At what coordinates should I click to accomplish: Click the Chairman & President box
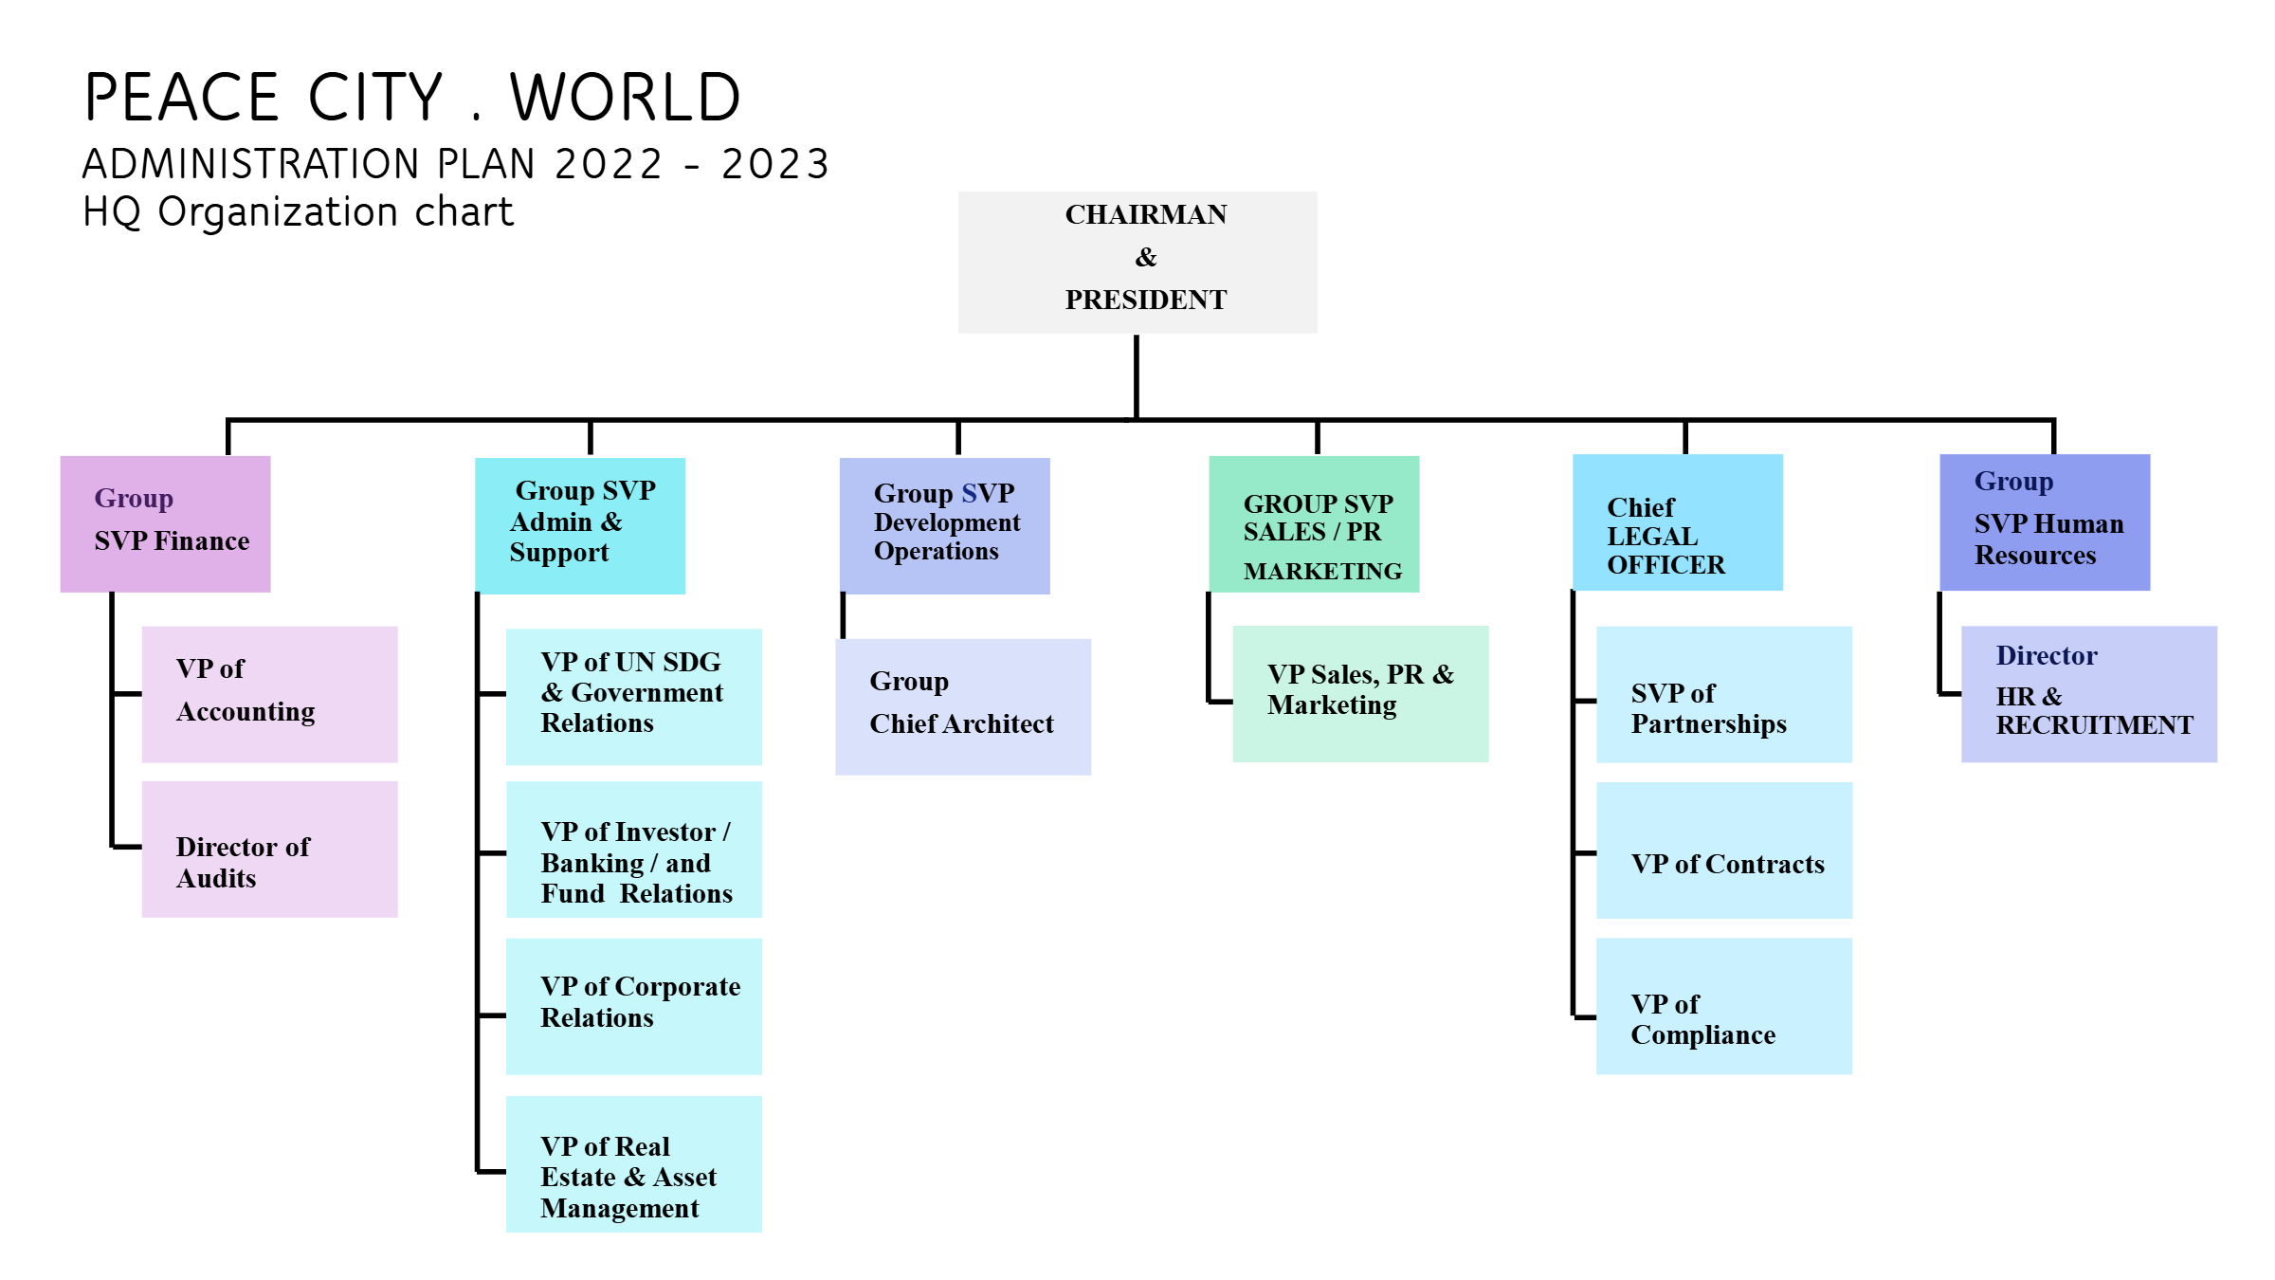click(1137, 263)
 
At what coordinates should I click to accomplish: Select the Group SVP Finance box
click(165, 524)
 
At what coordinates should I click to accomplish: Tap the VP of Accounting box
click(269, 694)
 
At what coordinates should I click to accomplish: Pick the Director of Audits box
click(269, 850)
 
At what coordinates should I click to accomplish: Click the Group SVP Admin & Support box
click(579, 526)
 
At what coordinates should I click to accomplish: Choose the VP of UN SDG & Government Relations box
click(633, 697)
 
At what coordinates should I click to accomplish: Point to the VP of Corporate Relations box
click(633, 1006)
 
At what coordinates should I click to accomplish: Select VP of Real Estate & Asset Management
click(633, 1164)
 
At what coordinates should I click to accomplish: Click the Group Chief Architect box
click(962, 706)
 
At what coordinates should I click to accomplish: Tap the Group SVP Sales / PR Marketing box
click(1313, 524)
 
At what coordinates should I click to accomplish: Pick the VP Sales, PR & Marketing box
click(1360, 694)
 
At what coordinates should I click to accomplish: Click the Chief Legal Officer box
click(1677, 522)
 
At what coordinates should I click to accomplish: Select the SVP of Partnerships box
click(1723, 694)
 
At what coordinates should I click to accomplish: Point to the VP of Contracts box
click(1723, 850)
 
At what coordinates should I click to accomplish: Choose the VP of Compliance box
click(1723, 1006)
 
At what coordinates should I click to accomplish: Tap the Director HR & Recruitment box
click(2088, 694)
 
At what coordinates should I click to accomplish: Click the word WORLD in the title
click(626, 98)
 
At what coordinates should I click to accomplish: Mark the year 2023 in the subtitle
click(774, 164)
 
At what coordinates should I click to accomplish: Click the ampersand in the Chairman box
click(1145, 257)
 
